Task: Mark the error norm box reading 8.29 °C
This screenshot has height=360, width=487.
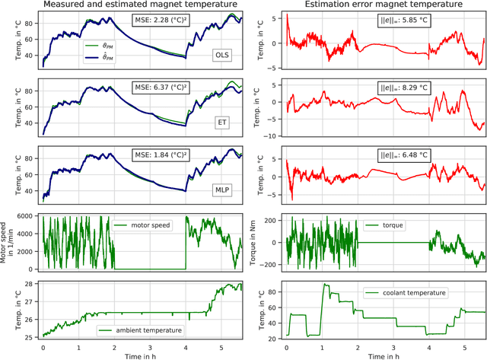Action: (x=383, y=87)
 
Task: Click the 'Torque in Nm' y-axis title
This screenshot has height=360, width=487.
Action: (x=257, y=242)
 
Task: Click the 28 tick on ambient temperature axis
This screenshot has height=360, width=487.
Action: (x=33, y=283)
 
